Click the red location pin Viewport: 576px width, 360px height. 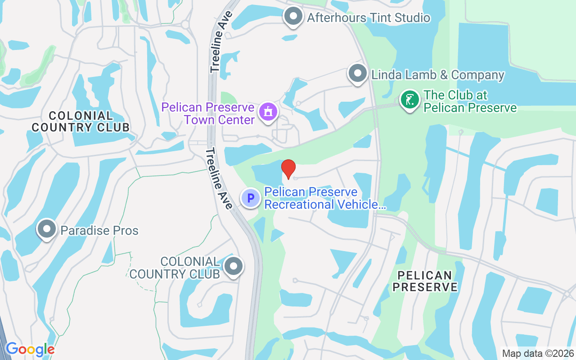coord(288,169)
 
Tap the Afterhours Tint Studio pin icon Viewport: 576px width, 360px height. coord(294,17)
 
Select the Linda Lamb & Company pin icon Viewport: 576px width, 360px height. coord(358,73)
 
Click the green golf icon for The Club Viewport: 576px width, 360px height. coord(409,100)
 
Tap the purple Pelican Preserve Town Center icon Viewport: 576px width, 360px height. coord(268,111)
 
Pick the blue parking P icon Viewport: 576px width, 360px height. coord(251,198)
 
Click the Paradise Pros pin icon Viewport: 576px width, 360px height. coord(47,229)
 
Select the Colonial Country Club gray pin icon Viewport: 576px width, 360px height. coord(234,267)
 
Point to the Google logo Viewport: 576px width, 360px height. coord(30,349)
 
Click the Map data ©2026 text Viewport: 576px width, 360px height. coord(538,353)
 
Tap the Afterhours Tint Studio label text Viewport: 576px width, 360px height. coord(369,18)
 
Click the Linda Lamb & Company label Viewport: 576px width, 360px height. coord(437,75)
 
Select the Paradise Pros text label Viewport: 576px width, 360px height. coord(99,231)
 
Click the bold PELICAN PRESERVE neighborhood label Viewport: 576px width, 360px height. coord(425,281)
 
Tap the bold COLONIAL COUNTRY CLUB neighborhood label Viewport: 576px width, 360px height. coord(81,121)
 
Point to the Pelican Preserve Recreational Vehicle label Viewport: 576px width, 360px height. coord(325,198)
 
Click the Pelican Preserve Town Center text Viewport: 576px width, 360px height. coord(208,113)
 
